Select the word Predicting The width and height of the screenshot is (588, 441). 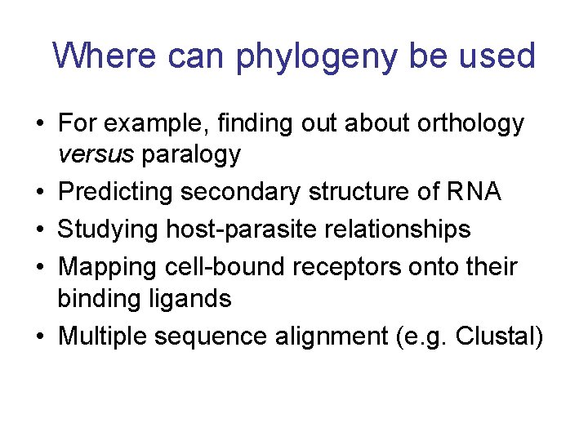115,193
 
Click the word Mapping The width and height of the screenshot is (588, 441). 104,267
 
